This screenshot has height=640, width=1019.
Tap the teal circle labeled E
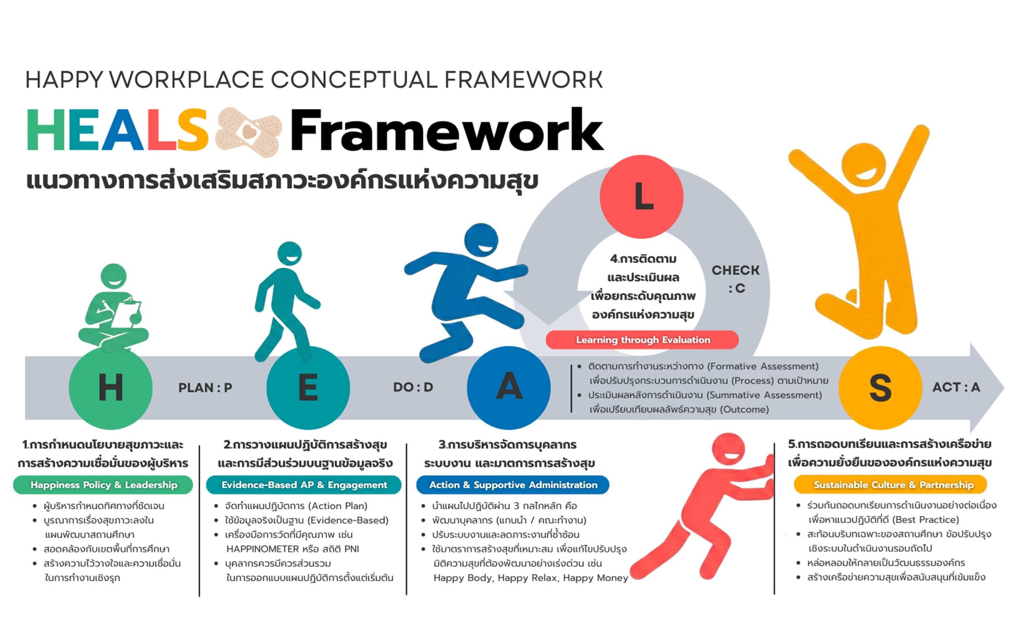click(x=308, y=388)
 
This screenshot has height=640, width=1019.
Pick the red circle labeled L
click(x=641, y=196)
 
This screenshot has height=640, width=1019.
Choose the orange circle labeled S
click(x=880, y=388)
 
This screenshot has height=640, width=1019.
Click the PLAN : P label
click(x=205, y=388)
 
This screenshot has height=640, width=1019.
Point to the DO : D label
click(x=413, y=387)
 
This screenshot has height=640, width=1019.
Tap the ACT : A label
click(x=956, y=387)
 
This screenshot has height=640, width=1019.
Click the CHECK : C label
click(x=735, y=279)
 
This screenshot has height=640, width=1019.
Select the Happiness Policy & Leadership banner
click(x=103, y=485)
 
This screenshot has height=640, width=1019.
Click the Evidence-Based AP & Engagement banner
click(x=304, y=485)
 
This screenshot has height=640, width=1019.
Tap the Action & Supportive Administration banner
click(x=513, y=485)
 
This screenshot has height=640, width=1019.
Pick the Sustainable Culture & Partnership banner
click(x=890, y=485)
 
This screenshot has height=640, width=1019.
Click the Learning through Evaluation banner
click(x=642, y=340)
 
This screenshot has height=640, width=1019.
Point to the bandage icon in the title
click(x=249, y=132)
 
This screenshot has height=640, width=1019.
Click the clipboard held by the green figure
click(x=126, y=313)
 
